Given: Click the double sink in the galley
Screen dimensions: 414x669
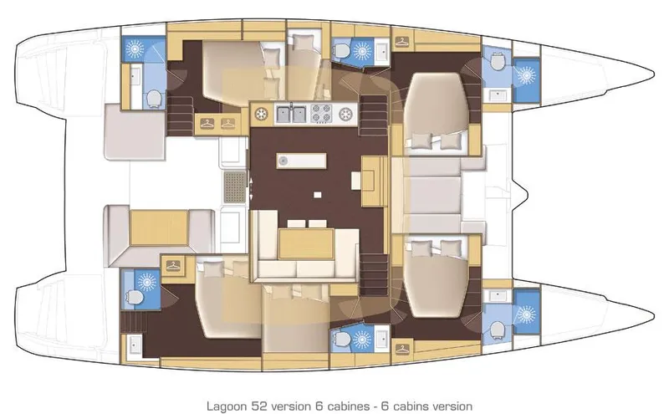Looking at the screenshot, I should [x=290, y=113].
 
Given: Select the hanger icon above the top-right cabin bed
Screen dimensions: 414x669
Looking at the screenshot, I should [x=402, y=41].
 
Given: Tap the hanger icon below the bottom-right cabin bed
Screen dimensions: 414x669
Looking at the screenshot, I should [x=402, y=345].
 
